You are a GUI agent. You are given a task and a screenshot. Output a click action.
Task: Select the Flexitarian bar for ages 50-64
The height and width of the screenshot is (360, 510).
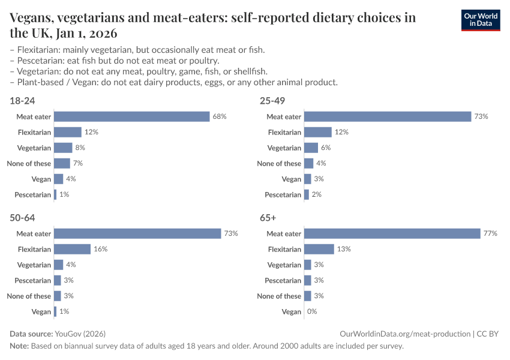(x=72, y=249)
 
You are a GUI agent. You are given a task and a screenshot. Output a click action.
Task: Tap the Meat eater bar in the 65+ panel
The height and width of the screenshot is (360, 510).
(x=392, y=233)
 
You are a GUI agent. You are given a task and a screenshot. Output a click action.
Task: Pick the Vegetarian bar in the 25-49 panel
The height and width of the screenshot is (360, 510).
(x=311, y=148)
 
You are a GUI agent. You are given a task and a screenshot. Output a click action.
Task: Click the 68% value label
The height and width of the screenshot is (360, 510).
(x=219, y=116)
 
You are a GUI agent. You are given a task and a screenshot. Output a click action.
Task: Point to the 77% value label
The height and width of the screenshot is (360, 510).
(x=490, y=233)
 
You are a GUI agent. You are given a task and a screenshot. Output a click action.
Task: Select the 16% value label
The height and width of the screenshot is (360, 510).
(x=101, y=249)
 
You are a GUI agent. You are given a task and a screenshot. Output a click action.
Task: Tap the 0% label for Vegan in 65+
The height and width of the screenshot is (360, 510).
(x=311, y=311)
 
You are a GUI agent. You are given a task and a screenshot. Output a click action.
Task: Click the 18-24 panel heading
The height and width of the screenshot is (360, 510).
(x=22, y=101)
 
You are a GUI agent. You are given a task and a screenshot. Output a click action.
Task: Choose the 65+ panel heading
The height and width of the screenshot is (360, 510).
(x=268, y=218)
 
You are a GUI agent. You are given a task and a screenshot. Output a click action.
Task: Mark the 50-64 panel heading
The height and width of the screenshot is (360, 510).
(x=22, y=218)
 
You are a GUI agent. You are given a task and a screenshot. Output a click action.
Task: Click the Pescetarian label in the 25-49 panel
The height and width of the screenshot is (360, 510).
(x=283, y=194)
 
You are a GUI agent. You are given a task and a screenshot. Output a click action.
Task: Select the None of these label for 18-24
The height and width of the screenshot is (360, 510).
(x=29, y=163)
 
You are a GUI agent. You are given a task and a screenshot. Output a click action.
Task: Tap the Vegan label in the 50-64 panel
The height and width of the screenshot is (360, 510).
(x=41, y=311)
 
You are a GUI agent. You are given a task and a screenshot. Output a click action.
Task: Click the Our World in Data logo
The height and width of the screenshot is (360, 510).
(x=481, y=20)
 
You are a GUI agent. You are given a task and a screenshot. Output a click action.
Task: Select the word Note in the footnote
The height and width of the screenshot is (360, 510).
(x=19, y=346)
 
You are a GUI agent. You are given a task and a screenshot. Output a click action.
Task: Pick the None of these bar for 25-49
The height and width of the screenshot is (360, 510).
(x=308, y=163)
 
